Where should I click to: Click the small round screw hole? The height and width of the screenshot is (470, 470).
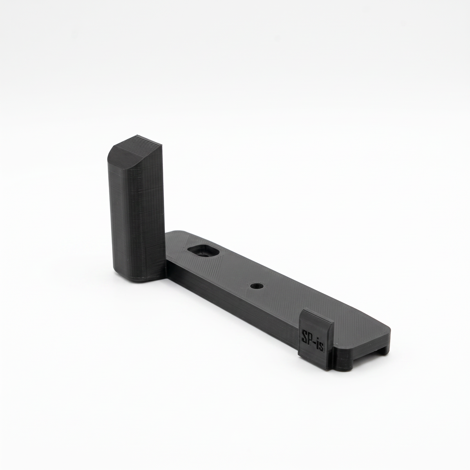257,286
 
